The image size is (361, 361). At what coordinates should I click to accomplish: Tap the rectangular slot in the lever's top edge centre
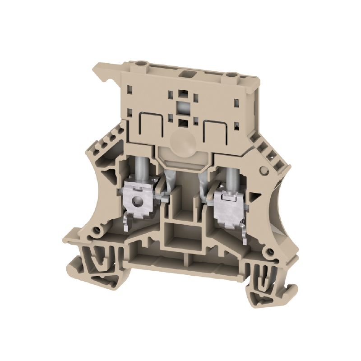(x=186, y=72)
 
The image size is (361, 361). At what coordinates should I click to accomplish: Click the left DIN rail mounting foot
(x=101, y=266)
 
